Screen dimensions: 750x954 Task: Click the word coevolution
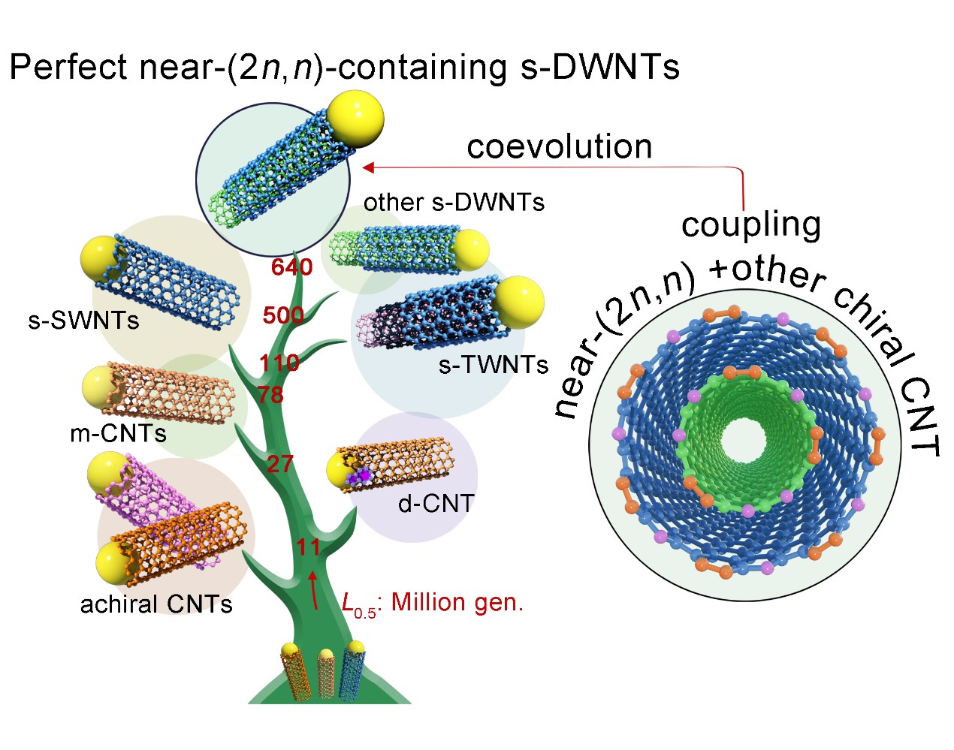(x=559, y=146)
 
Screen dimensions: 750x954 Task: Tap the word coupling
(x=751, y=224)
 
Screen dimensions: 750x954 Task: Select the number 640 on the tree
(x=291, y=267)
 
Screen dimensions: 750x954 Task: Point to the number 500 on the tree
(x=283, y=315)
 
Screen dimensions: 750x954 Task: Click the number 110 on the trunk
(x=279, y=363)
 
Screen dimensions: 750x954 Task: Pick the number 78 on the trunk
(x=270, y=394)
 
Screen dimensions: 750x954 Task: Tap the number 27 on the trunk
(x=279, y=464)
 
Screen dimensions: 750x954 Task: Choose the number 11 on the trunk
(x=308, y=547)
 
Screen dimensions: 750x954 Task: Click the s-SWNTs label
(x=83, y=321)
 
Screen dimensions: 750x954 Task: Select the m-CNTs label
(x=118, y=433)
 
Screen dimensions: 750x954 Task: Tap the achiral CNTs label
(x=156, y=604)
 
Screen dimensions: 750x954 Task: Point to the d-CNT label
(x=436, y=503)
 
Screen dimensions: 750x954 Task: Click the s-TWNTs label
(x=494, y=365)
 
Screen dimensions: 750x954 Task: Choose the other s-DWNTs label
(x=454, y=202)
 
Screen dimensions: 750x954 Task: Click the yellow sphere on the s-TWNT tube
(x=519, y=301)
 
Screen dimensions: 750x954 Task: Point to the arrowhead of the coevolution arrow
(x=368, y=167)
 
